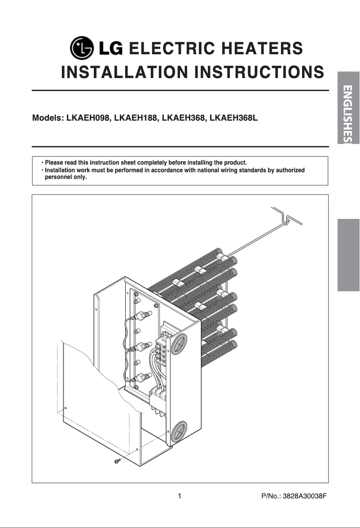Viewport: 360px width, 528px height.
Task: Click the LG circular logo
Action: pos(83,49)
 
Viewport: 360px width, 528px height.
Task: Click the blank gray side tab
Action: pos(349,255)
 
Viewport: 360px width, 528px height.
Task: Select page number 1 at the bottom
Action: pos(180,496)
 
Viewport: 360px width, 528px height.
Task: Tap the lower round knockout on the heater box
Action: pos(179,432)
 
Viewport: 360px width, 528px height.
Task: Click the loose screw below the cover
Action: pos(118,461)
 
